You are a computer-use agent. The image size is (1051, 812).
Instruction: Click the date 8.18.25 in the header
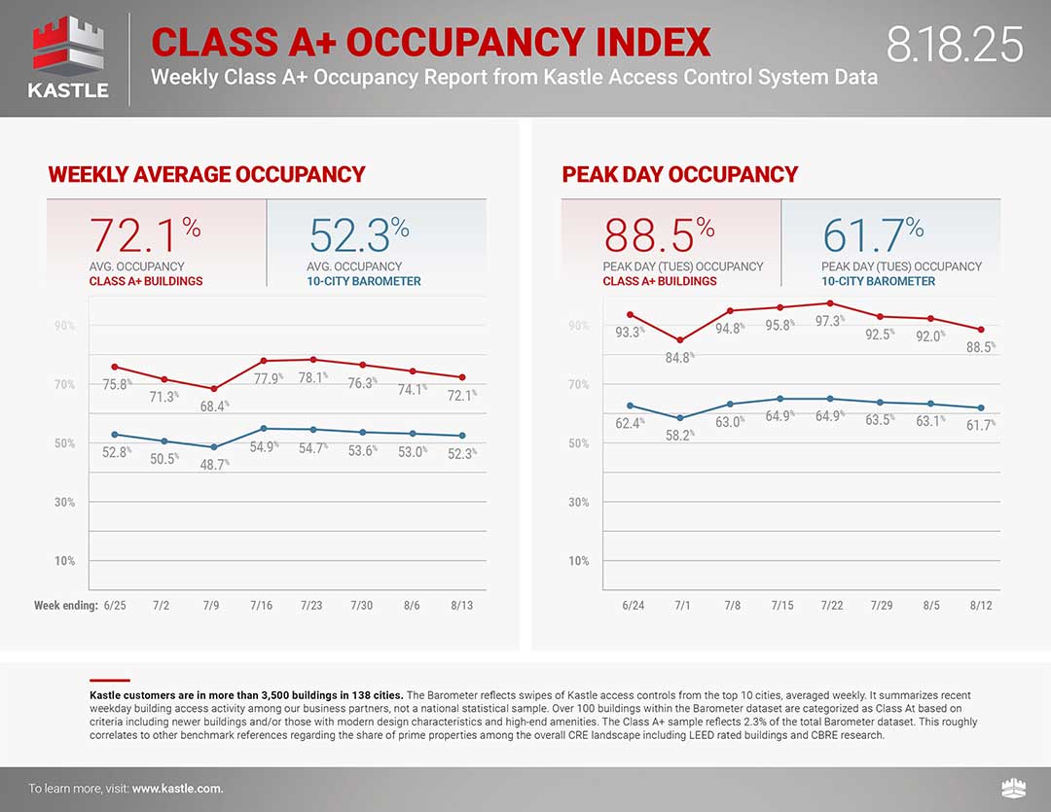(x=955, y=45)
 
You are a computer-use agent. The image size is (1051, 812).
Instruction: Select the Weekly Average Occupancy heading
(x=206, y=175)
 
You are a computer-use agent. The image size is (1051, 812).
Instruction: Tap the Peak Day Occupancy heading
(x=679, y=175)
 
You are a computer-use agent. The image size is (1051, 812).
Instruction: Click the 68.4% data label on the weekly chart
(x=214, y=406)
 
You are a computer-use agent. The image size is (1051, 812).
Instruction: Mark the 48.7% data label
(x=214, y=465)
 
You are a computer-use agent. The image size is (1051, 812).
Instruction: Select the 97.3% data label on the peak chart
(x=829, y=321)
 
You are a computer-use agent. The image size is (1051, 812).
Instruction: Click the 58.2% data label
(x=679, y=436)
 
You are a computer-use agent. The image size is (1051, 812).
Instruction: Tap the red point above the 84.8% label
(x=679, y=340)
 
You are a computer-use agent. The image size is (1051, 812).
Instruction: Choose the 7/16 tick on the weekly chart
(x=261, y=605)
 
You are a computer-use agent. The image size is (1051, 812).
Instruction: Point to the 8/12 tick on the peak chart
(x=981, y=605)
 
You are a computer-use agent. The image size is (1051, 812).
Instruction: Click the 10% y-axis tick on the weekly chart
(x=64, y=561)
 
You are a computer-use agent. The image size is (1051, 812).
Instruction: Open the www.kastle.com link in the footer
(x=177, y=789)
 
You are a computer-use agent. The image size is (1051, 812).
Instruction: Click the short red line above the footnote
(x=109, y=681)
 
